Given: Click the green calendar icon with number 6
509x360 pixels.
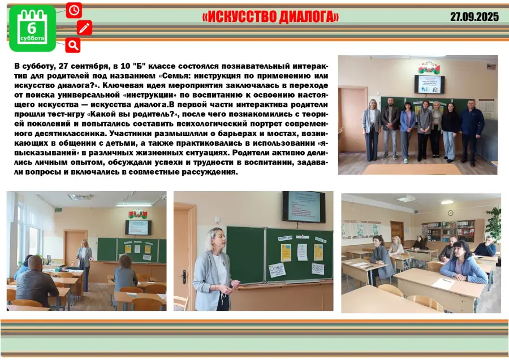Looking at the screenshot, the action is (32, 29).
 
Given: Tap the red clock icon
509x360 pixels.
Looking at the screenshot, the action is (74, 10).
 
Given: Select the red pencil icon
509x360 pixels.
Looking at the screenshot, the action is (84, 28).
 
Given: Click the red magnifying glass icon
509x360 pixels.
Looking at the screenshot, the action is (73, 45).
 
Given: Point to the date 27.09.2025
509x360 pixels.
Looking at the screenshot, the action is (475, 16).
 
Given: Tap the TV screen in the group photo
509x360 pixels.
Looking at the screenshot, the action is (429, 84).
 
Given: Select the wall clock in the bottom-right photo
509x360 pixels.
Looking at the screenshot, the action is (451, 212).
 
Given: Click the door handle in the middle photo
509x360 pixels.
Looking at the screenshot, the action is (184, 276).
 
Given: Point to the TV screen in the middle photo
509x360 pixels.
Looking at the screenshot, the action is (304, 207).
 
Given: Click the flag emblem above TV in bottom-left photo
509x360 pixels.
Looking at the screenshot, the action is (139, 214).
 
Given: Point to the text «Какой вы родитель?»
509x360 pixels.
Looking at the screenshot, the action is (133, 114).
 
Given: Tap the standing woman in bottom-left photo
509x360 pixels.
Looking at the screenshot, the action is (84, 264).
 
